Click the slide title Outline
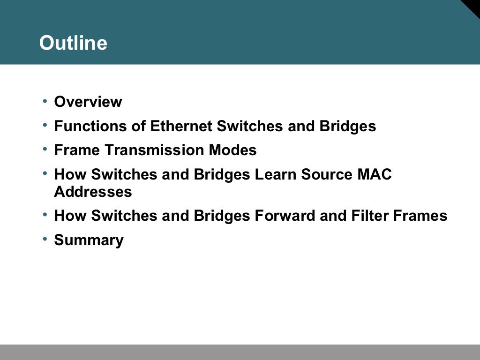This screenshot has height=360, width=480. (73, 43)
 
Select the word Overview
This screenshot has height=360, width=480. (88, 102)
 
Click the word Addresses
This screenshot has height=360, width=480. (93, 192)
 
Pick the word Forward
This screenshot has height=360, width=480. (285, 216)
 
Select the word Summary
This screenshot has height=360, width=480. (89, 240)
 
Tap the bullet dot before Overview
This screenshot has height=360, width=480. (45, 101)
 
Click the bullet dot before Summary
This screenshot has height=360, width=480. (45, 239)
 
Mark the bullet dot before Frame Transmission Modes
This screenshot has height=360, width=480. (45, 149)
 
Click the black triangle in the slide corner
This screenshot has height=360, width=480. (472, 7)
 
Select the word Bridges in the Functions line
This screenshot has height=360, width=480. (348, 126)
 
